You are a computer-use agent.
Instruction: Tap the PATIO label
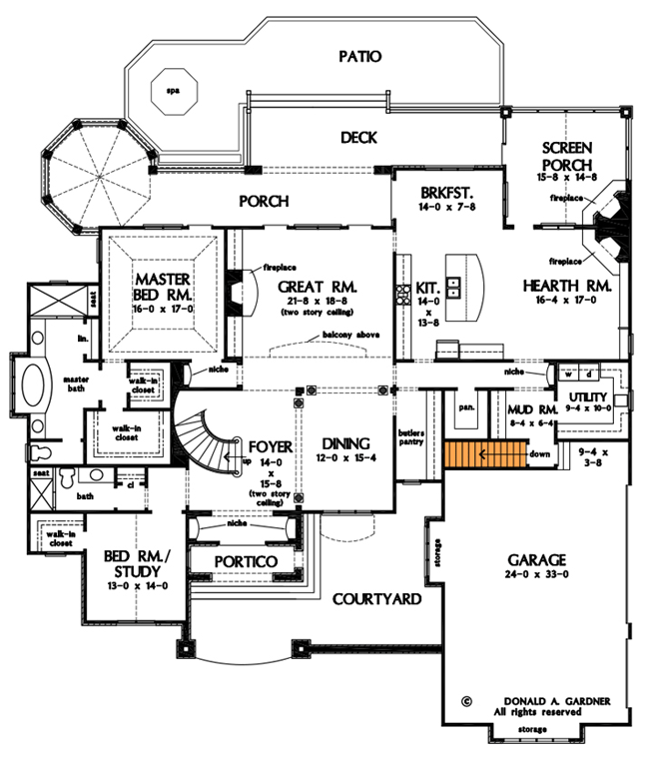[x=359, y=57]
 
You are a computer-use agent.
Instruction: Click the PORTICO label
[x=243, y=562]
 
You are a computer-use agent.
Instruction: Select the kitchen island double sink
[x=452, y=290]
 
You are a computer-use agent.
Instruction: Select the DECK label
[x=357, y=138]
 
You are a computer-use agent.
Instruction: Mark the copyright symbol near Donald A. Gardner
[x=466, y=702]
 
